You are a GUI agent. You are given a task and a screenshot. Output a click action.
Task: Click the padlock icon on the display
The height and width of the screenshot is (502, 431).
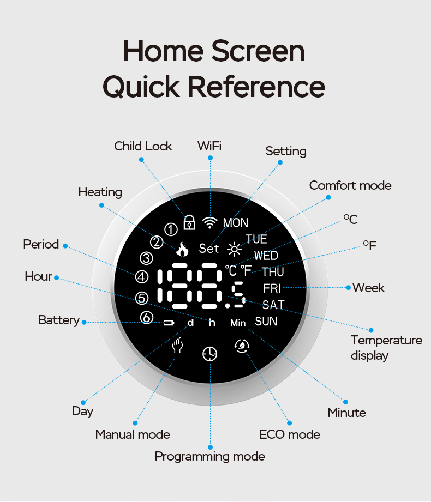[x=189, y=222]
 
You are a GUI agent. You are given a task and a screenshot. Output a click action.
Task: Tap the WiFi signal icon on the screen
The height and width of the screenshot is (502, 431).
[x=210, y=222]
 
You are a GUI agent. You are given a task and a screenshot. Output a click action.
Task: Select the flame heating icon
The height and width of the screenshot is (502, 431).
[x=182, y=249]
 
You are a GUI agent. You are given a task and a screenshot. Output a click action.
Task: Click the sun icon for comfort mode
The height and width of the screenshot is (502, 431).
[x=235, y=250]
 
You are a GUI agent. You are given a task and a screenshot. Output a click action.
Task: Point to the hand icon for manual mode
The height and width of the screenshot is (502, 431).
[x=177, y=345]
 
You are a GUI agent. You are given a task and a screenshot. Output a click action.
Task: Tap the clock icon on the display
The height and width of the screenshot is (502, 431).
[x=210, y=354]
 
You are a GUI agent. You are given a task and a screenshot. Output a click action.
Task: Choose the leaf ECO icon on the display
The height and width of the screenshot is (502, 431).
[x=242, y=346]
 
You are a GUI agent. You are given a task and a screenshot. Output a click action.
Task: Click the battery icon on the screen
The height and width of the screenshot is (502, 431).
[x=169, y=323]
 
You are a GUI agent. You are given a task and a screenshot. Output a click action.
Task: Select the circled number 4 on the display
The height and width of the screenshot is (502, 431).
[x=142, y=277]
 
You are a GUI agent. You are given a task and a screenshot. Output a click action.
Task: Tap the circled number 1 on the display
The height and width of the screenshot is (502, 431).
[x=171, y=229]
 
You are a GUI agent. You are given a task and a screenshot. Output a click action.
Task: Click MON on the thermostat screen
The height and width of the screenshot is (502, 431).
[x=236, y=223]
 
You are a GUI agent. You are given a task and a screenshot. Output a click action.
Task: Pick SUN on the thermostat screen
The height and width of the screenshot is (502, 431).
[x=266, y=321]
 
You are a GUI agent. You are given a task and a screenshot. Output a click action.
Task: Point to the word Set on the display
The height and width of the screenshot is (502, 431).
[x=209, y=249]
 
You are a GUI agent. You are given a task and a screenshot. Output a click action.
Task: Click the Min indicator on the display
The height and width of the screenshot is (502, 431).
[x=238, y=323]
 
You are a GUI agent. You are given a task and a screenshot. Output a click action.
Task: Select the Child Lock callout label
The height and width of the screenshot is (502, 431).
[x=143, y=146]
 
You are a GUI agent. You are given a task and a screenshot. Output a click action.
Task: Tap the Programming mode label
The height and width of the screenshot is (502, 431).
[x=210, y=457]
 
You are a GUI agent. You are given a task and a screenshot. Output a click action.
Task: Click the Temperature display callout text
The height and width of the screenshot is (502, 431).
[x=386, y=348]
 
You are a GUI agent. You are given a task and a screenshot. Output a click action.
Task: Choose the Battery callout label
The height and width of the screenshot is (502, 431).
[x=59, y=320]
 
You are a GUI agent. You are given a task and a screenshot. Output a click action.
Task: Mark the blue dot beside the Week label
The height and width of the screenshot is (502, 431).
[x=348, y=287]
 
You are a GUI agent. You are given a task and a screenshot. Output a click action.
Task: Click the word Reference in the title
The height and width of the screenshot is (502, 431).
[x=256, y=87]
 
